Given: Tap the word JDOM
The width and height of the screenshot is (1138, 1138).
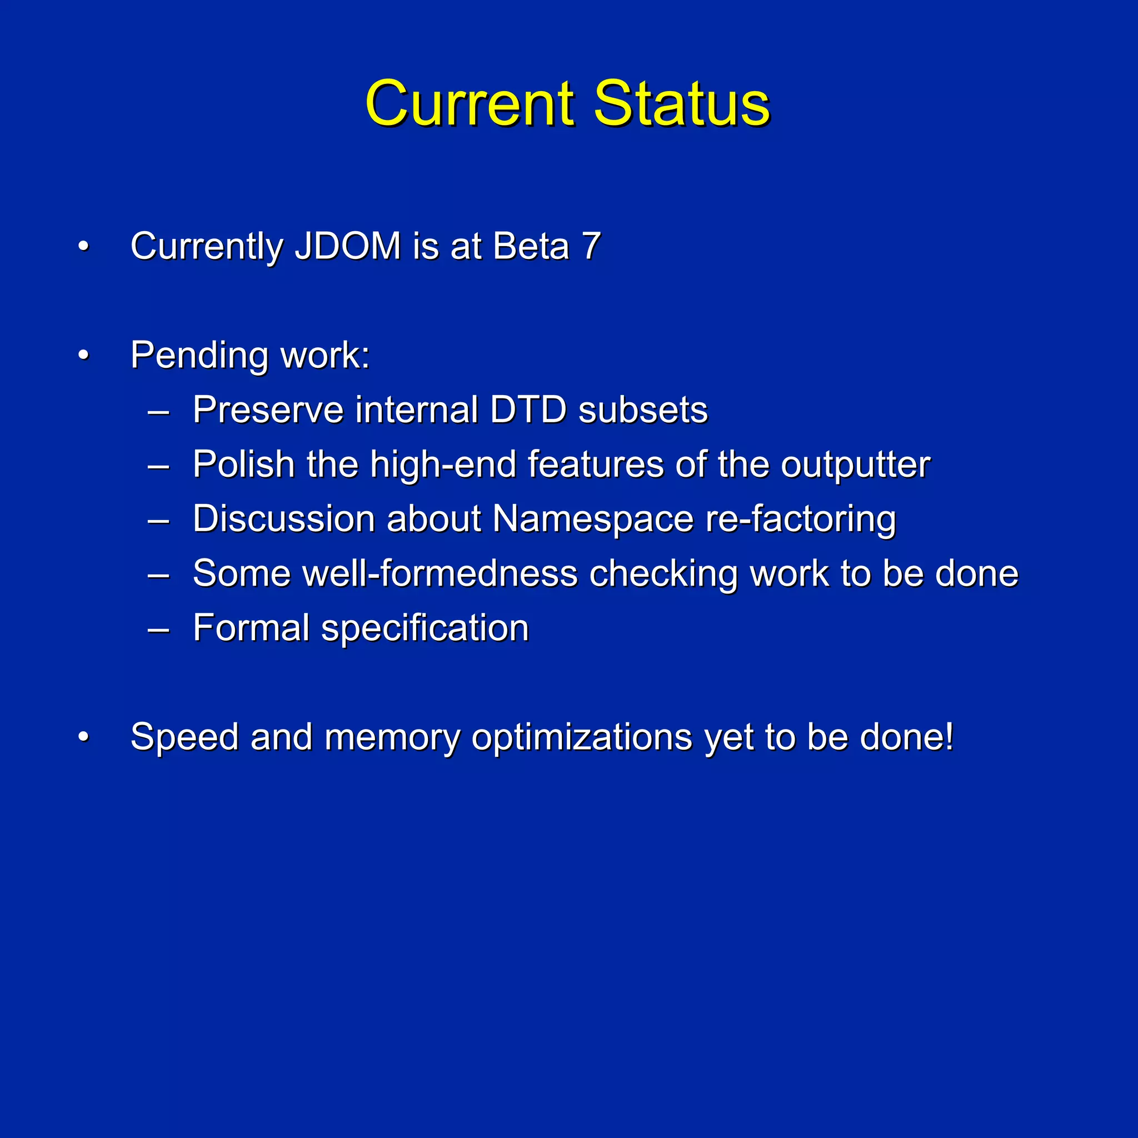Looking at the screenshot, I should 347,246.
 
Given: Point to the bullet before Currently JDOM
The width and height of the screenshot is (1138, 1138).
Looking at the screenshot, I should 84,247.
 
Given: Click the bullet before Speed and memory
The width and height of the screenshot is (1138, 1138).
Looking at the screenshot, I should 84,737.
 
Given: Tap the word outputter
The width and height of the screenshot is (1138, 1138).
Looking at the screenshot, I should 855,465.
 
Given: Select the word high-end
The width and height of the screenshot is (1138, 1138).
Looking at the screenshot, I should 443,465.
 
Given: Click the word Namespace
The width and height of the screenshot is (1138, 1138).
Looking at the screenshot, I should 592,520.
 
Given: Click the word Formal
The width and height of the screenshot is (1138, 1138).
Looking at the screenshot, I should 251,627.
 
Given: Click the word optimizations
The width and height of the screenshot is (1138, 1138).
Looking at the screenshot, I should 581,737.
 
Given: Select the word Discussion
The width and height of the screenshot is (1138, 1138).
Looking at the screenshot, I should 284,519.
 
